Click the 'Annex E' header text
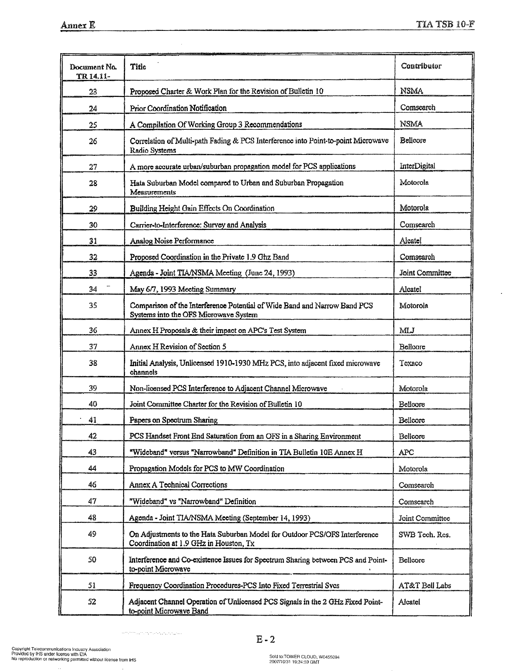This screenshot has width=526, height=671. [x=78, y=25]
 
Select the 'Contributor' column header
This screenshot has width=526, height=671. [x=421, y=66]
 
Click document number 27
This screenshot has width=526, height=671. [x=93, y=167]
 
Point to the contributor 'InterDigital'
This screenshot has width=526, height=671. [x=417, y=166]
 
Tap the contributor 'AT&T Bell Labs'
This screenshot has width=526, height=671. [x=424, y=585]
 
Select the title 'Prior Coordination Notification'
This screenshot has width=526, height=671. [x=178, y=108]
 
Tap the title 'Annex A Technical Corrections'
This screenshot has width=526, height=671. [x=178, y=485]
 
